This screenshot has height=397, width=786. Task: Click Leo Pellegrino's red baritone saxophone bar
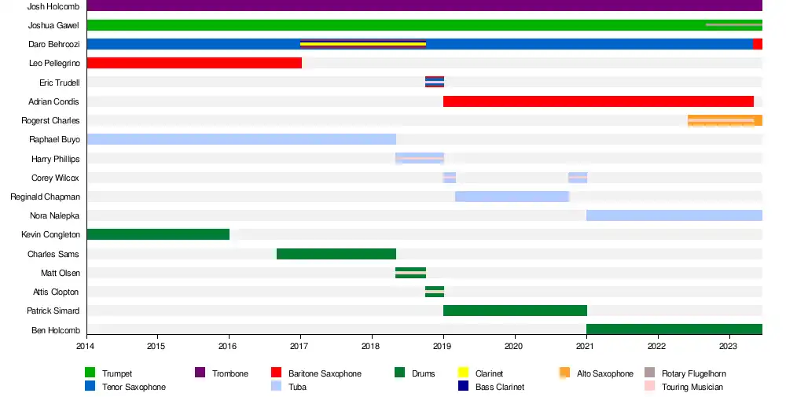193,63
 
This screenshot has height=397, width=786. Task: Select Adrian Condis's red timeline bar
598,101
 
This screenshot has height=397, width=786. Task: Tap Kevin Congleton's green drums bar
157,234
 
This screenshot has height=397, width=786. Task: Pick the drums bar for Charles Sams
336,254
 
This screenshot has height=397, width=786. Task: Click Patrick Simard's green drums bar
515,311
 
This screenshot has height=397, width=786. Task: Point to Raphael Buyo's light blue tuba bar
241,139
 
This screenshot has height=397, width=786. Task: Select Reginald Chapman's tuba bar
512,197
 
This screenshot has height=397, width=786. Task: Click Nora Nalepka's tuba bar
674,215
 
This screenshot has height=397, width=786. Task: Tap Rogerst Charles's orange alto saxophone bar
724,120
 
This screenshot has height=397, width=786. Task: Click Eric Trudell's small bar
435,82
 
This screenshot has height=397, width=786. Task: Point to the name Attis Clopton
55,292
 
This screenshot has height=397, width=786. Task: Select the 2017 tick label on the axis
299,345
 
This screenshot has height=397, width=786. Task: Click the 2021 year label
586,345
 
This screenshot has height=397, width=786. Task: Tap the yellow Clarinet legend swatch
462,373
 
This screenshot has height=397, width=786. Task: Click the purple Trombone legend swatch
200,373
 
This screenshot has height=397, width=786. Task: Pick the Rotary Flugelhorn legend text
693,373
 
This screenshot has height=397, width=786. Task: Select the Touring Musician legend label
692,387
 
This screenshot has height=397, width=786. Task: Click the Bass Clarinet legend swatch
462,387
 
